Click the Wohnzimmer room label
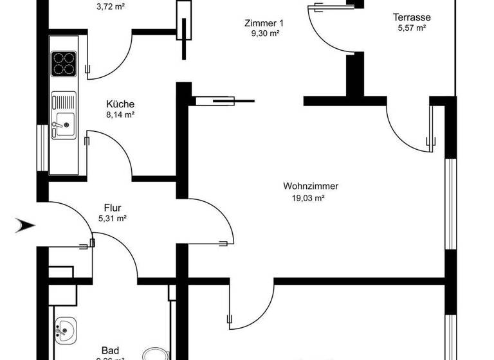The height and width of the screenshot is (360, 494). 310,186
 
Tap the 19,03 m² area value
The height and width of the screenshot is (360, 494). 310,199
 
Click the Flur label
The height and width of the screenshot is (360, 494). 113,208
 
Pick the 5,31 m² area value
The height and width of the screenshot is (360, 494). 113,219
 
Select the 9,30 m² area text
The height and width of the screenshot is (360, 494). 264,33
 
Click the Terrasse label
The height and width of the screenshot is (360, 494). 412,17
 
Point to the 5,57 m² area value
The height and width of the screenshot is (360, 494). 412,28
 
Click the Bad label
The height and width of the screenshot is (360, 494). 110,350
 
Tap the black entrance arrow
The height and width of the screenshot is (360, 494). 26,225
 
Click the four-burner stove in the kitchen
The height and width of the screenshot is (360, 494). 63,64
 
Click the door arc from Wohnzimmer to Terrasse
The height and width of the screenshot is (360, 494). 405,125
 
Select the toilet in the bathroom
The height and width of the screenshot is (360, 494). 154,354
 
